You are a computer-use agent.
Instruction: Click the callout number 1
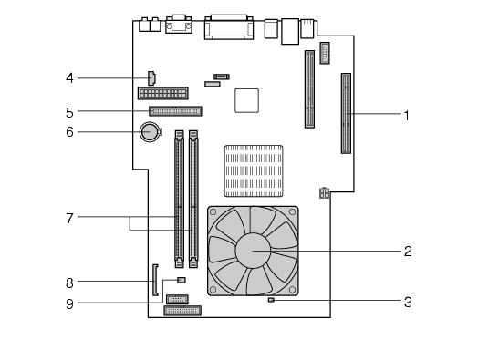[406, 116]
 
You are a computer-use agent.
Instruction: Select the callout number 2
[408, 252]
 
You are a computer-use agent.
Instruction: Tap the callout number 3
[408, 302]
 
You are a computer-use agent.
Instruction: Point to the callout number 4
[69, 78]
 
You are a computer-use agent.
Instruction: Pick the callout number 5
[69, 113]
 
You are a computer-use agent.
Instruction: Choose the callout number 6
[69, 132]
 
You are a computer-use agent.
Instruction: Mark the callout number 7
[69, 219]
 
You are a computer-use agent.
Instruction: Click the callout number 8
[69, 283]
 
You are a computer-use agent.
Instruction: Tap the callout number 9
[69, 304]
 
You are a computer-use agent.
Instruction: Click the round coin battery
[150, 132]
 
